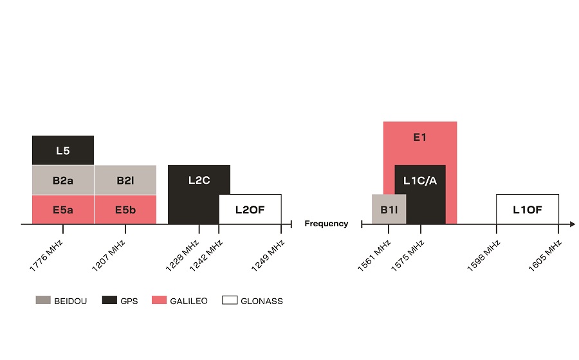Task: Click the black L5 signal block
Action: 63,150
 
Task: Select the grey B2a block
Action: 63,181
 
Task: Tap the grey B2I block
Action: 125,181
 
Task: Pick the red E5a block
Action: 63,210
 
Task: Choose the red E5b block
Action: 125,210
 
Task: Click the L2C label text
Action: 199,181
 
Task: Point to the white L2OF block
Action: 250,210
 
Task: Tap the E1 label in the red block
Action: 419,137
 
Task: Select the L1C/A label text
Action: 420,181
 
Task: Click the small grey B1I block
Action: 389,210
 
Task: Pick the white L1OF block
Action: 528,210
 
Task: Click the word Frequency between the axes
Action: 326,224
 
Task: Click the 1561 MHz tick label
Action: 374,255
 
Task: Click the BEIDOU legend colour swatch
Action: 43,300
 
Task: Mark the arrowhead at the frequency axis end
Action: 572,224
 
